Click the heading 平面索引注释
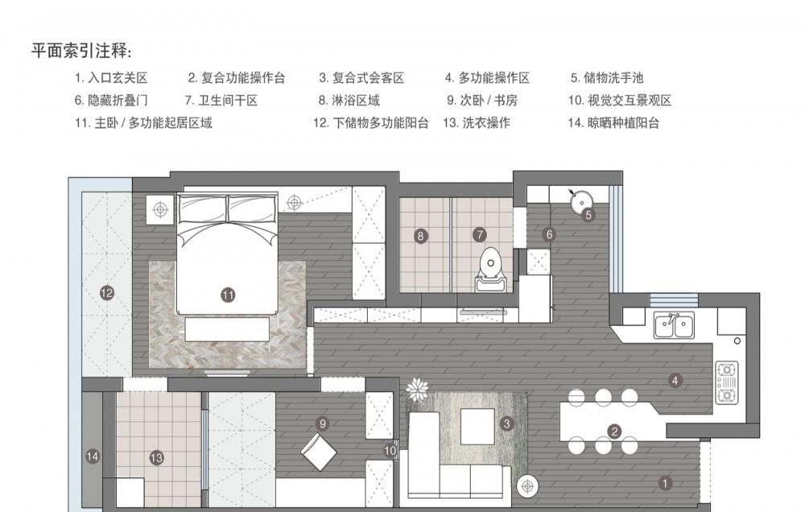(x=80, y=52)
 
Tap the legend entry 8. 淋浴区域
(x=349, y=101)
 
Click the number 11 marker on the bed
(x=228, y=295)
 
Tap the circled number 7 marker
(x=480, y=236)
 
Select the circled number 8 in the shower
(x=420, y=236)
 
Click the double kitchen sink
(x=675, y=325)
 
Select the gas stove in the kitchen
(x=727, y=382)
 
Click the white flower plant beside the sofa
(x=417, y=391)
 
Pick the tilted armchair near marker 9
(x=320, y=452)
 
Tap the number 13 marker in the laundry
(x=156, y=457)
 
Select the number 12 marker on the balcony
(x=106, y=293)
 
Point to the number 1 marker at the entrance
(x=665, y=483)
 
